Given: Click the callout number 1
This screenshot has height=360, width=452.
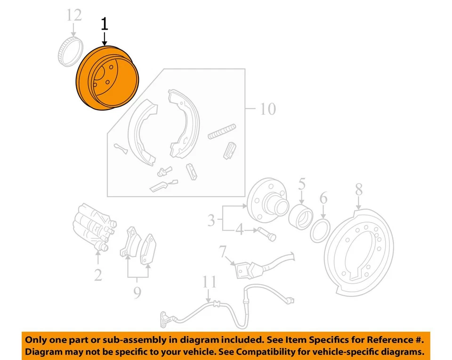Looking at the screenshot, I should point(104,25).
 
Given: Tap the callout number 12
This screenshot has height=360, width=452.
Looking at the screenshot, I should point(73,15).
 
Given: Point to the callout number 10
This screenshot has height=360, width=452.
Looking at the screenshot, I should point(267,109).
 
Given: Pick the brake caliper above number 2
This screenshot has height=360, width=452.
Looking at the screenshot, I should point(94,228).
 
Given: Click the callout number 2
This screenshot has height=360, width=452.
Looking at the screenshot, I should point(97,274).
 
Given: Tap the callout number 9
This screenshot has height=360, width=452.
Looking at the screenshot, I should point(137,293).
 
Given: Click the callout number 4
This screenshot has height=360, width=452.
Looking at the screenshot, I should point(240,231).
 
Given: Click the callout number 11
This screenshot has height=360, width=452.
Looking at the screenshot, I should point(209,282).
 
